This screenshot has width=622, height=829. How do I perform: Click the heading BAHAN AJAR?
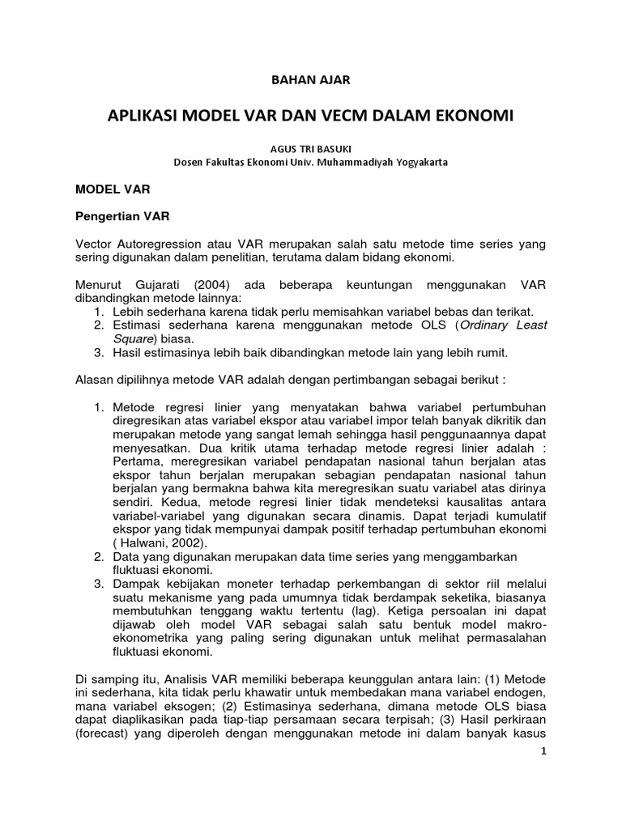pyautogui.click(x=311, y=79)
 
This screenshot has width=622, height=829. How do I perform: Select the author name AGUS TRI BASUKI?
pyautogui.click(x=310, y=147)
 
